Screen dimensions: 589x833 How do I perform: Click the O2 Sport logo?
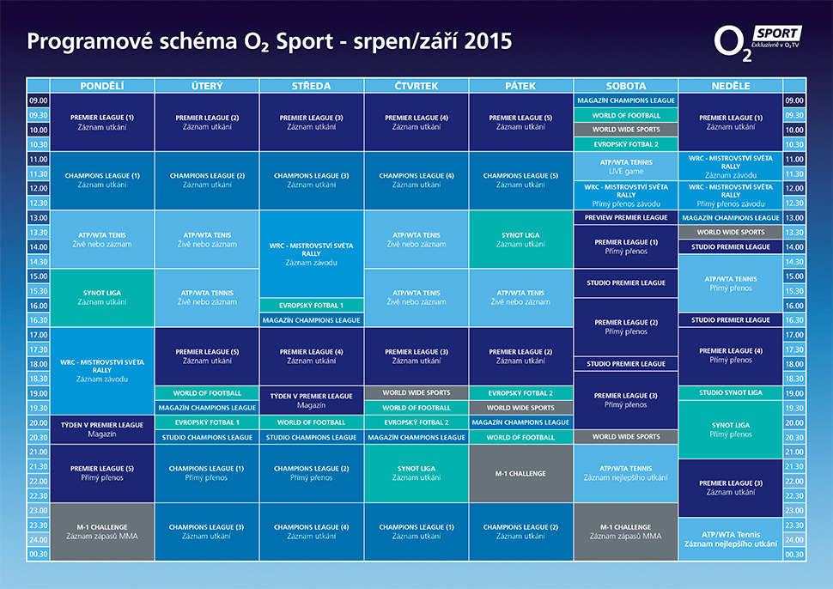[x=757, y=42]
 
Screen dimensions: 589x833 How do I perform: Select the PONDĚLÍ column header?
[x=102, y=86]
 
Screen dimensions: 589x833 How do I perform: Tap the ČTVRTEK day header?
[x=416, y=86]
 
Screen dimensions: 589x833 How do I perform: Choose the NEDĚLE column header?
[x=730, y=86]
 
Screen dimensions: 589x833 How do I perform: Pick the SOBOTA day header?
[x=626, y=86]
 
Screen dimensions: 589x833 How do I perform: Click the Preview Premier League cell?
[x=626, y=218]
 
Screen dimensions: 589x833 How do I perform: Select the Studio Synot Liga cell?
[x=730, y=392]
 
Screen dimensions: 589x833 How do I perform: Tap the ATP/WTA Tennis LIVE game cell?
[x=626, y=165]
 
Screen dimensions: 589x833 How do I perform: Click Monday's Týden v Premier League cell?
[x=102, y=429]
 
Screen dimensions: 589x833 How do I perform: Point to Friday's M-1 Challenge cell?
[x=520, y=473]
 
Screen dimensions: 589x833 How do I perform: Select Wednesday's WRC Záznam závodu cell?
[x=312, y=253]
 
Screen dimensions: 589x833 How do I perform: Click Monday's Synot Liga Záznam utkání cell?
[x=102, y=297]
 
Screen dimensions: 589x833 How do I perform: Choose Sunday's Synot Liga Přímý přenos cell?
[x=730, y=429]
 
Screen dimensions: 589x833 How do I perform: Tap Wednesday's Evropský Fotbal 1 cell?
[x=312, y=305]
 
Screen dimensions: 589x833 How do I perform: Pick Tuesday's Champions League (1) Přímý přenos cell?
[x=207, y=473]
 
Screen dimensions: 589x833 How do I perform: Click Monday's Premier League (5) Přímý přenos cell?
[x=102, y=473]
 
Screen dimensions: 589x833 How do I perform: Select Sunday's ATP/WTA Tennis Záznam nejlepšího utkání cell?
[x=730, y=539]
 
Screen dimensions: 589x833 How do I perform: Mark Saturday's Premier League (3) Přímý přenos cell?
[x=626, y=400]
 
